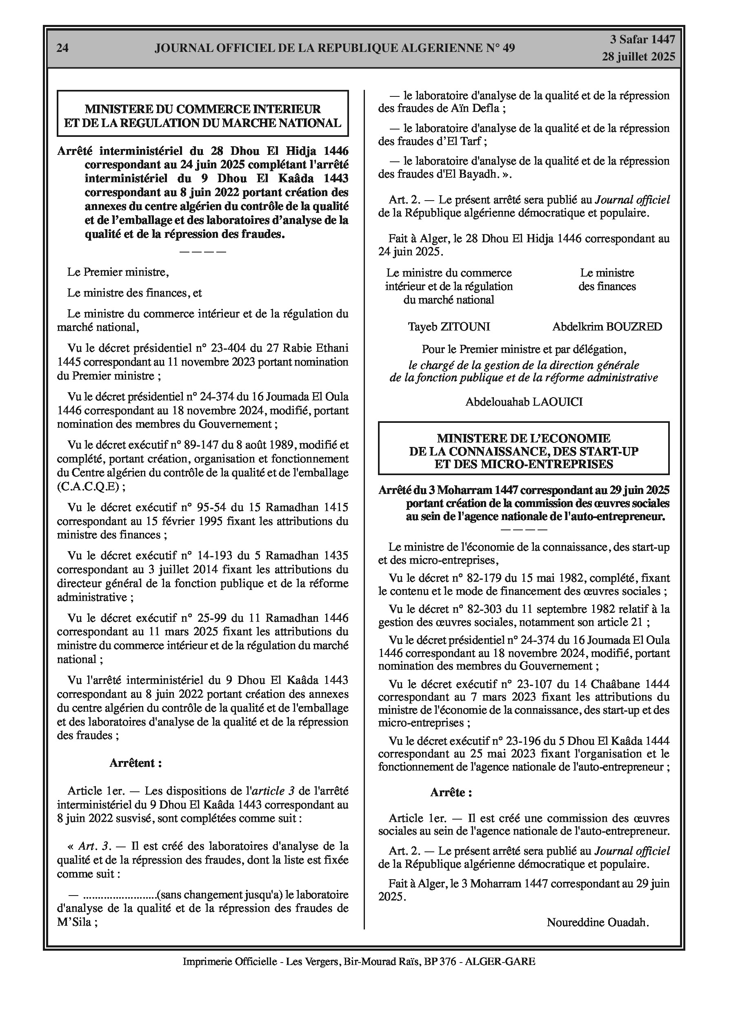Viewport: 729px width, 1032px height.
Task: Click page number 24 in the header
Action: (x=62, y=48)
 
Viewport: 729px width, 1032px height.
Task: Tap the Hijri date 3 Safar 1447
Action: (x=642, y=40)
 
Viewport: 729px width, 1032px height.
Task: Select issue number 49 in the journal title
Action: (x=509, y=48)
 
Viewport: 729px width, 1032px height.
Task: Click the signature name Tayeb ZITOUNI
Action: (x=449, y=327)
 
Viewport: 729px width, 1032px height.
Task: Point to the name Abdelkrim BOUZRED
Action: (x=607, y=327)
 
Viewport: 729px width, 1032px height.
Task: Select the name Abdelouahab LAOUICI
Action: (x=524, y=402)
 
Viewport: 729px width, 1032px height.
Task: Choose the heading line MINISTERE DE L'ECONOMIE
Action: (x=523, y=438)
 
